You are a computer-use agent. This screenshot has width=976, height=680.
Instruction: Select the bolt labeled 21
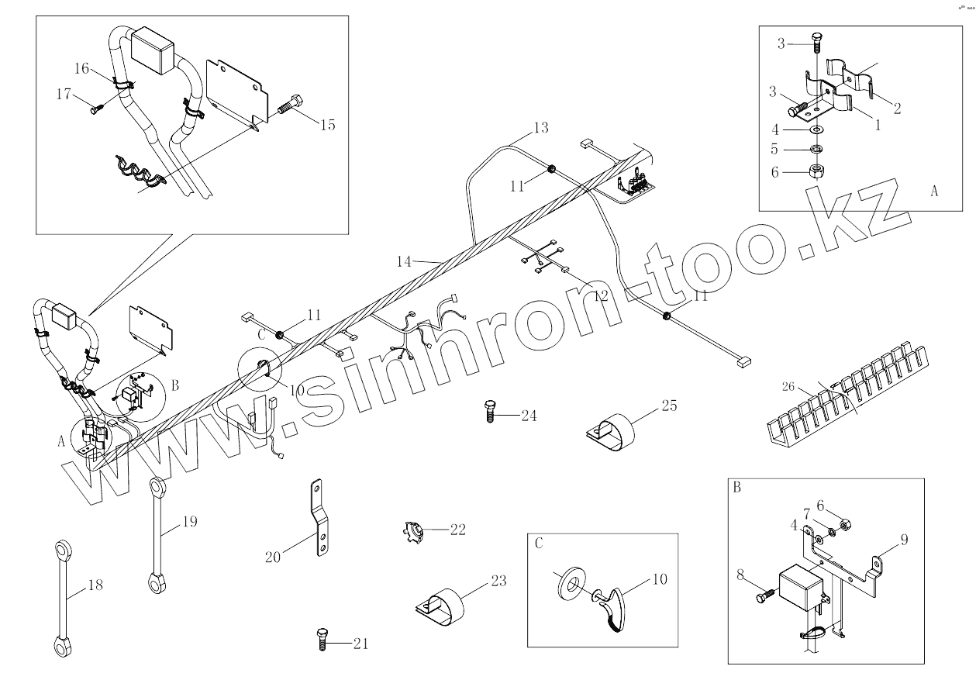point(322,640)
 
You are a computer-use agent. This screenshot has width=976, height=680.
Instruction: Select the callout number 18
point(95,585)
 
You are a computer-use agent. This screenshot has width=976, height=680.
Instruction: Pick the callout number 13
point(540,126)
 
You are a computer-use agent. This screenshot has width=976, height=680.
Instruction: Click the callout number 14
point(404,262)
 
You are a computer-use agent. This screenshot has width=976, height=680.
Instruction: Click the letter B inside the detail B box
point(736,488)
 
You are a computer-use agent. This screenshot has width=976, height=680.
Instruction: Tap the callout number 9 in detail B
point(904,540)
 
